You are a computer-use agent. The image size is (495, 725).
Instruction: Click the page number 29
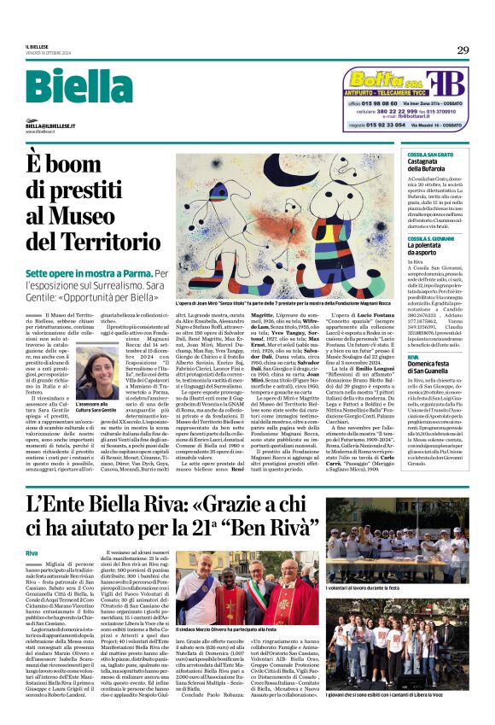tap(463, 50)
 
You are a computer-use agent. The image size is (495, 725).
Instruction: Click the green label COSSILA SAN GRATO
tap(430, 155)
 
